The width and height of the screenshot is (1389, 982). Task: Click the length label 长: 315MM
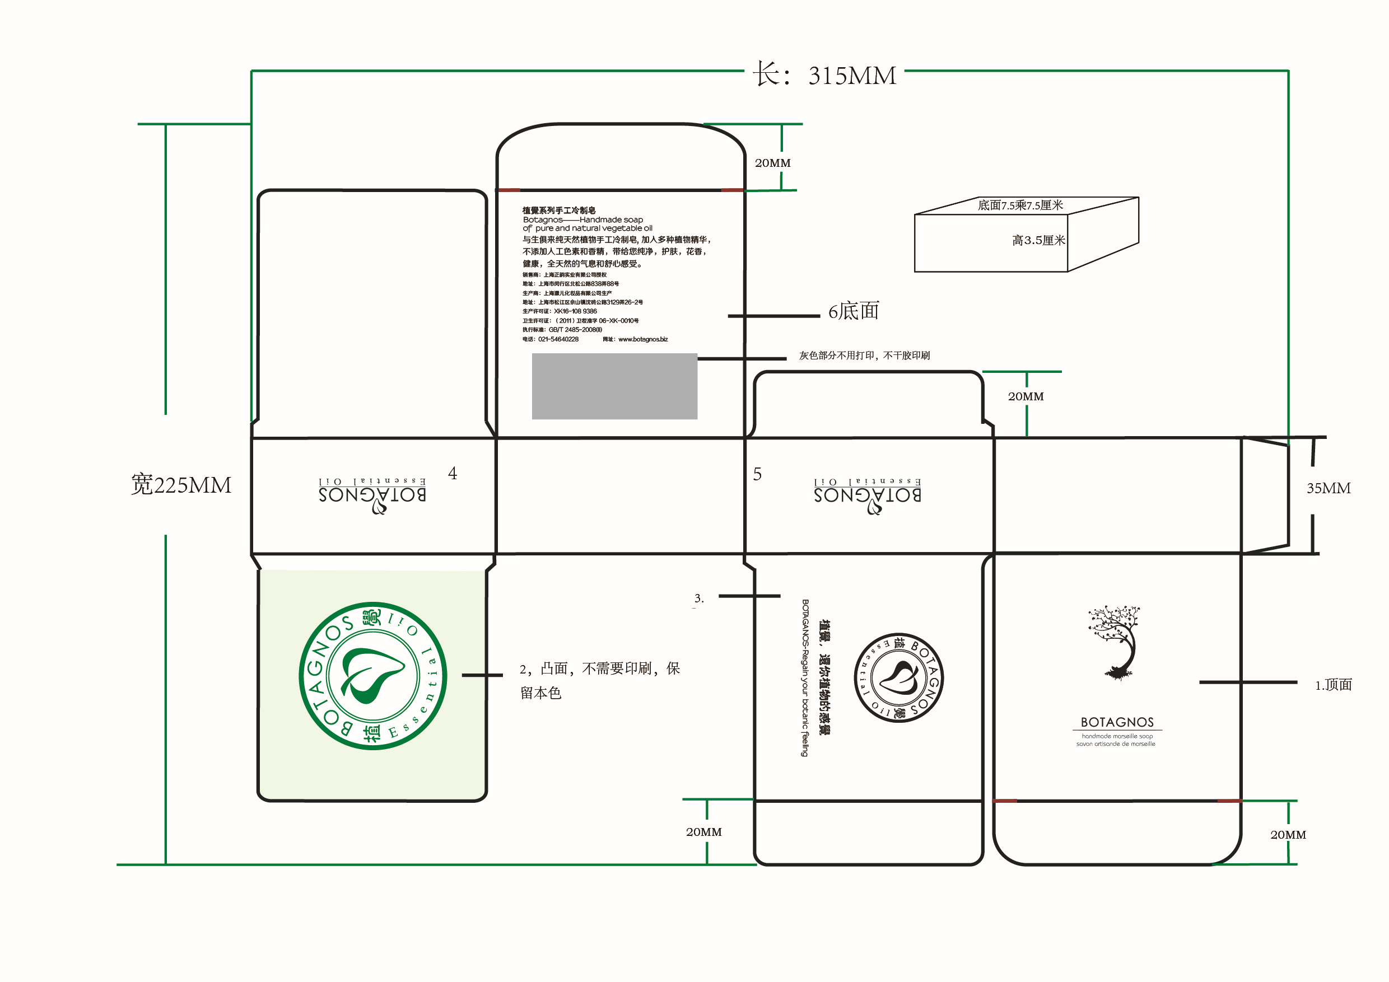824,76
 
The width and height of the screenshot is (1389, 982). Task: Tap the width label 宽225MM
181,485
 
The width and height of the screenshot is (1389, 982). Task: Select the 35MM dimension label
1328,489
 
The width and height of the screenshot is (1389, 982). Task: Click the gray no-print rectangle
614,386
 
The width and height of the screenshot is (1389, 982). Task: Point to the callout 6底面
853,311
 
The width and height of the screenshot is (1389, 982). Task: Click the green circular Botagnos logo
372,676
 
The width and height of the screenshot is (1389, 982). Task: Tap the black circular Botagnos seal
898,677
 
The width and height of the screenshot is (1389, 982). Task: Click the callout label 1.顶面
1333,685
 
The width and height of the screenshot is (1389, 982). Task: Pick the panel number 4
453,474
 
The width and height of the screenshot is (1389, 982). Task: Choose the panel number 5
757,475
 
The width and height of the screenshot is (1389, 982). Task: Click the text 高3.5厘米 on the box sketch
1038,241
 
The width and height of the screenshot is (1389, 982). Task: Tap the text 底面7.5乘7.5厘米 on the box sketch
1020,205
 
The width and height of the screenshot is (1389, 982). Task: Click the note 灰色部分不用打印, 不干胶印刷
864,356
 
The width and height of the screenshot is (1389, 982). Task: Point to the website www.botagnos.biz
642,340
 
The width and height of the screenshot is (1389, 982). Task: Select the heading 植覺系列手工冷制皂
558,211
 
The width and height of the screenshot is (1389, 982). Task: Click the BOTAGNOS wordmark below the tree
1117,723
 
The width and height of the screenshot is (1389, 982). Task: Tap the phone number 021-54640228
558,340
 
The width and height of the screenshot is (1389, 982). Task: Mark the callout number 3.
699,598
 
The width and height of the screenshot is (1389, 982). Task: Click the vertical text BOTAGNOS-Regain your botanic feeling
805,678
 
